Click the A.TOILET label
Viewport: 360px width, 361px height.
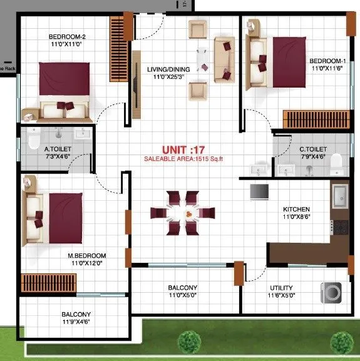point(57,149)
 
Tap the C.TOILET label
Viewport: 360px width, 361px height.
point(311,149)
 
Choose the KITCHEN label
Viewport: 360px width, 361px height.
point(296,209)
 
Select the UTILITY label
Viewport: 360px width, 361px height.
point(281,288)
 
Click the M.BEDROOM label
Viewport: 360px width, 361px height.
point(87,256)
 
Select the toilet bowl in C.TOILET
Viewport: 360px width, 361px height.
point(336,162)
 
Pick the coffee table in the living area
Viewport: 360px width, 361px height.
point(203,59)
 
